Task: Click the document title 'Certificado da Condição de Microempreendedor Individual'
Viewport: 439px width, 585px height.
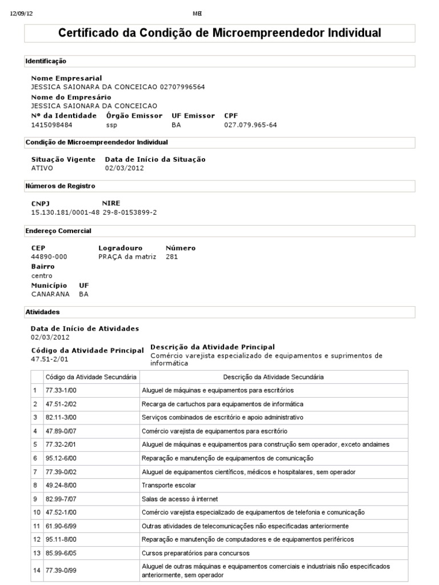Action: tap(219, 33)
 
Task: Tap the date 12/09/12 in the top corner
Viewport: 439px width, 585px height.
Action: tap(22, 14)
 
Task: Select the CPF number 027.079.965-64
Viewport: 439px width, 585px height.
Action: tap(250, 125)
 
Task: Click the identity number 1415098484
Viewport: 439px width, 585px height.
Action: tap(51, 125)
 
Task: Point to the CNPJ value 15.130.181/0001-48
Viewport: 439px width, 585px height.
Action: tap(65, 213)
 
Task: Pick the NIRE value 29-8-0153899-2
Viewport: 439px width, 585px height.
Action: tap(130, 213)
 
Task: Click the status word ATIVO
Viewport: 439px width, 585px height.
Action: tap(42, 169)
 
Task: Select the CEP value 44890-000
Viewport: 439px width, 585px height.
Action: tap(49, 257)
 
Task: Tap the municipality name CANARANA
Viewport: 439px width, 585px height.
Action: tap(50, 294)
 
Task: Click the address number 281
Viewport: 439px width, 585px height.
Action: tap(171, 257)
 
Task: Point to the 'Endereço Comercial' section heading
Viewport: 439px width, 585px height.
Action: tap(58, 231)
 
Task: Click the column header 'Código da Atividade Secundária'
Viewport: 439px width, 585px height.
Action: tap(91, 377)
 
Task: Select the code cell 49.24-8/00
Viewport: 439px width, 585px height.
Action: tap(61, 485)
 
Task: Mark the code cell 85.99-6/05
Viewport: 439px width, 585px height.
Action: tap(61, 553)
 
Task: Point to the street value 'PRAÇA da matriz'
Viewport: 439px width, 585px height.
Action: tap(127, 257)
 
